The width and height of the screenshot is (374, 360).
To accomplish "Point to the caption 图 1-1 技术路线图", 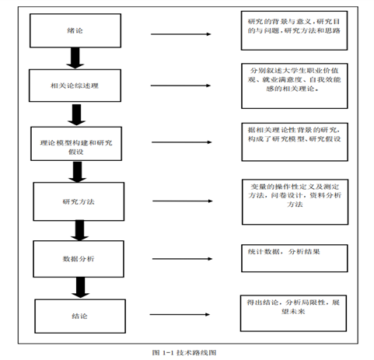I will coord(187,351).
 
